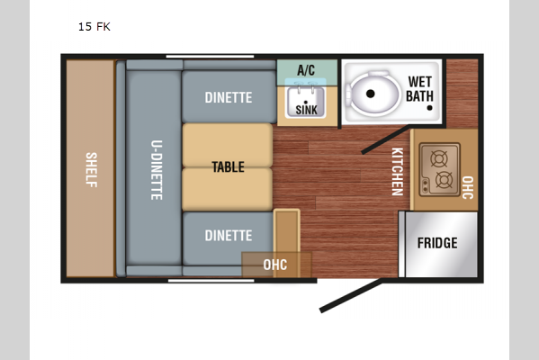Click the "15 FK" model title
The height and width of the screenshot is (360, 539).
(x=94, y=26)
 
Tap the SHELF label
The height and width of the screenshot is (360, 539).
(x=92, y=170)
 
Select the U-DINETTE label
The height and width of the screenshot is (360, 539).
(x=157, y=170)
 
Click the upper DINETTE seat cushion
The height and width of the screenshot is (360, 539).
(x=229, y=97)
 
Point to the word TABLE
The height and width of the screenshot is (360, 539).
(x=229, y=167)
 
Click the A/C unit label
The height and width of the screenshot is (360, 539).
(x=306, y=70)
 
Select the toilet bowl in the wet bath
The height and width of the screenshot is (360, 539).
(x=373, y=93)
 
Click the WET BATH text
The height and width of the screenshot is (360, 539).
(x=419, y=89)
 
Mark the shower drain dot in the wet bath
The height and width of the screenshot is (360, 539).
(x=429, y=108)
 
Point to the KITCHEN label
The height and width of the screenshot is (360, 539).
(x=398, y=172)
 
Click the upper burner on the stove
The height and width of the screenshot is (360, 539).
(x=439, y=159)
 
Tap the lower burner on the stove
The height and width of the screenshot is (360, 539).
(x=445, y=180)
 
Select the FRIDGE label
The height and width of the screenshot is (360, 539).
(x=437, y=243)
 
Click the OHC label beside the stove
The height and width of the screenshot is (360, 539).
(x=468, y=187)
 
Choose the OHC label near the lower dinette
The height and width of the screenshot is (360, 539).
(x=275, y=265)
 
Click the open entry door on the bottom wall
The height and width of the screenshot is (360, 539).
(x=351, y=296)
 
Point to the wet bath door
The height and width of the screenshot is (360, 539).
(x=385, y=139)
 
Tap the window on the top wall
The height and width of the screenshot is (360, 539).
(x=210, y=57)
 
